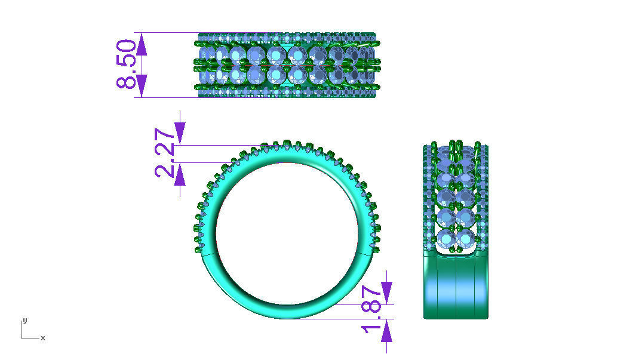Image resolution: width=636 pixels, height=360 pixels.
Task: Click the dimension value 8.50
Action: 128,64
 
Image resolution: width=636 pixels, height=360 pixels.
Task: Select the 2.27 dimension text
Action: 165,153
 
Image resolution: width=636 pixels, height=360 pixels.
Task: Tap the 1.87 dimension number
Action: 372,311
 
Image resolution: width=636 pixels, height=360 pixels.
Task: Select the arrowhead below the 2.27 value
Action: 180,174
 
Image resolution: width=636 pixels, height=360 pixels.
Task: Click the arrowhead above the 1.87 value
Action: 386,293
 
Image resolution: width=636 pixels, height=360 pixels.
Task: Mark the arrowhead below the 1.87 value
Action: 386,330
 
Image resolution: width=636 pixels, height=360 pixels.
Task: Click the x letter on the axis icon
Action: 43,339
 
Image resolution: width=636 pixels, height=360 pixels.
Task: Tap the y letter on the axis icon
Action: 24,321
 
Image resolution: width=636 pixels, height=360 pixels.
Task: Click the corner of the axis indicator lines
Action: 22,339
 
